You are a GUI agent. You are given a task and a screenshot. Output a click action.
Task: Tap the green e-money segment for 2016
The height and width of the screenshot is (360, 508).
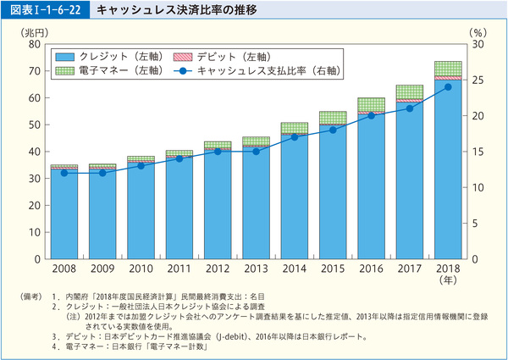click(x=371, y=104)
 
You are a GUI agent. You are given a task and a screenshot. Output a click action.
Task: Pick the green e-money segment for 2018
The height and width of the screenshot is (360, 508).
click(x=448, y=69)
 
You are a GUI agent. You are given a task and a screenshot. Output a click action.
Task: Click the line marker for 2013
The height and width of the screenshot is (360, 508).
click(x=256, y=151)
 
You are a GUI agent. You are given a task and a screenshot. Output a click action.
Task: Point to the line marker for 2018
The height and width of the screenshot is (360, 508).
click(x=448, y=86)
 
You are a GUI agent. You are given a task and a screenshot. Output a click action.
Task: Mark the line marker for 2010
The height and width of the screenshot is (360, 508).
click(x=141, y=165)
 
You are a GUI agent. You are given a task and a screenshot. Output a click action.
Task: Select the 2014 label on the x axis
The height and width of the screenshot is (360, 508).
click(x=294, y=269)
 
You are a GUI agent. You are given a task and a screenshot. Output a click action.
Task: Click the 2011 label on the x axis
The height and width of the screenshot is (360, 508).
click(x=179, y=269)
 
